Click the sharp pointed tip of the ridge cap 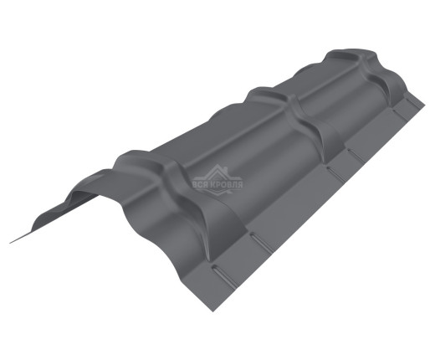12,242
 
